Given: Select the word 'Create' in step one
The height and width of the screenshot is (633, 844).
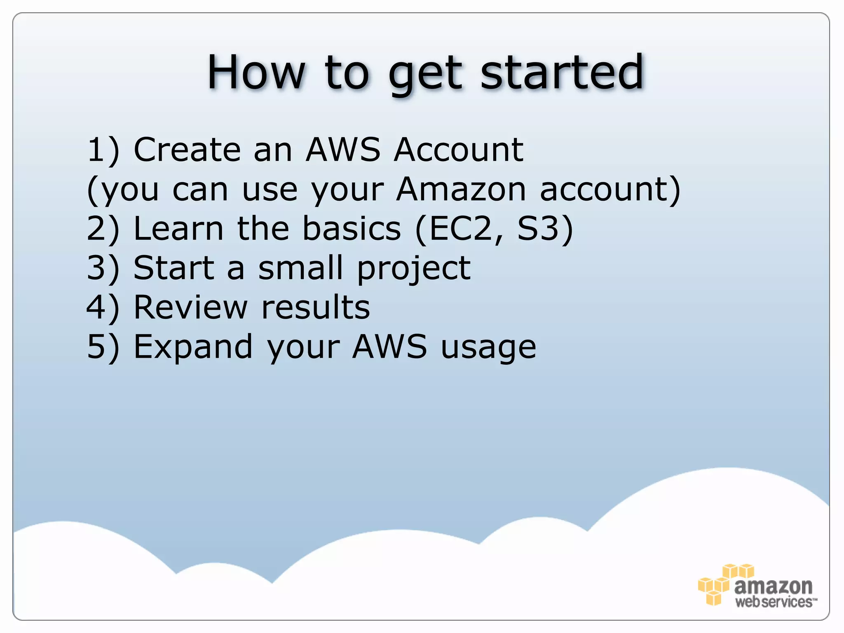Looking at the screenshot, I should [187, 150].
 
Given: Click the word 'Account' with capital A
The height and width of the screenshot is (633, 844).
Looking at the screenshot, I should [459, 150].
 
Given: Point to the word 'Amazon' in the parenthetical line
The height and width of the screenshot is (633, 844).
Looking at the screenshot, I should [461, 189].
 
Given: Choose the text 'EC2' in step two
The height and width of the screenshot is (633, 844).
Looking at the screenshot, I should [460, 229].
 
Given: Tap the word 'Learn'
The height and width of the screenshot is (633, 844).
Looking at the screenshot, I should [178, 229].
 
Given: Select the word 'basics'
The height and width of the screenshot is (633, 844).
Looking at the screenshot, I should [352, 229].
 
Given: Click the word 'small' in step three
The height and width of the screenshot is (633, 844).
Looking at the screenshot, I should [300, 268].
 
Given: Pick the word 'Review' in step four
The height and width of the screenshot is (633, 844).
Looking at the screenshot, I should [190, 307].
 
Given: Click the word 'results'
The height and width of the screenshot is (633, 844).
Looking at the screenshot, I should [316, 307].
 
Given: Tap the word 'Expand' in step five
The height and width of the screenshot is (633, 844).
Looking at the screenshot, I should [193, 347].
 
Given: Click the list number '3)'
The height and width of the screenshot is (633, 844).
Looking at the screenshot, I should [103, 268].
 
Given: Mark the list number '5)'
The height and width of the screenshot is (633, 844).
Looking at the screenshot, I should [103, 347].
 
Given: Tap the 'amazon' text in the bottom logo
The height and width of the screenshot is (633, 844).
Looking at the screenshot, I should [773, 586].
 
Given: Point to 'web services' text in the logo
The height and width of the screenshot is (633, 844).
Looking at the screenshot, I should [775, 602].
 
